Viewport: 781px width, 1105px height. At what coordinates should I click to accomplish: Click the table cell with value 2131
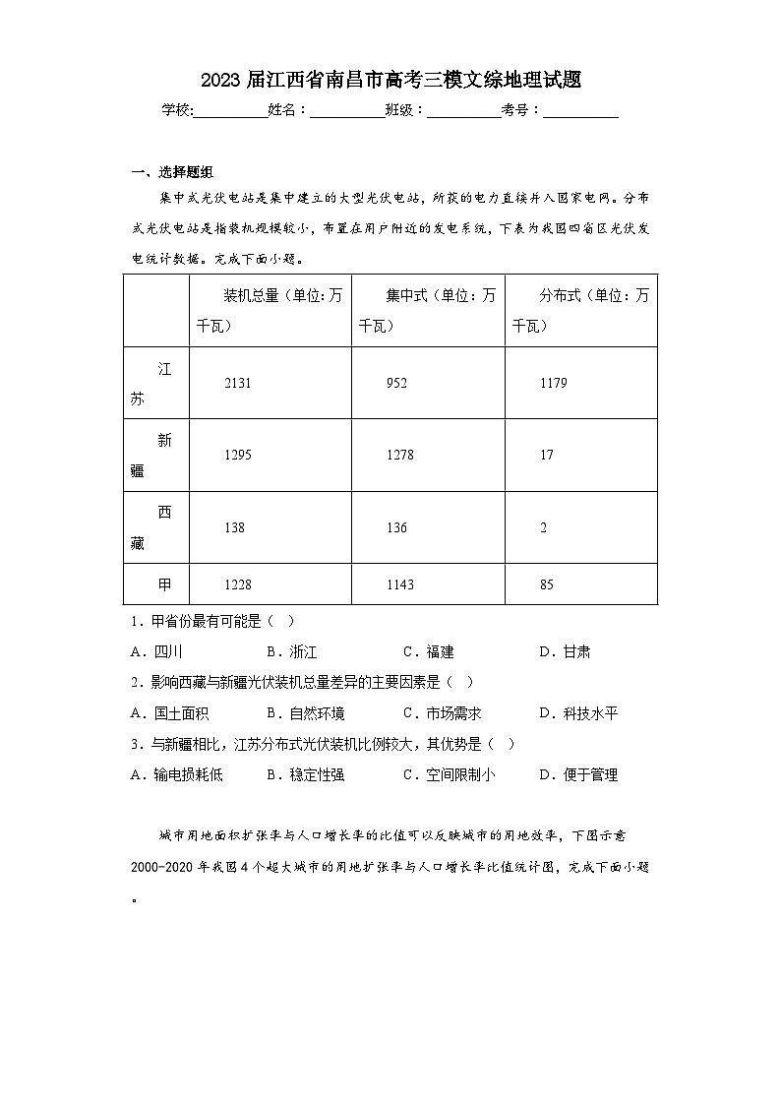tap(238, 383)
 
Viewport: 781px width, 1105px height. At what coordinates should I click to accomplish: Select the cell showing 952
tap(396, 383)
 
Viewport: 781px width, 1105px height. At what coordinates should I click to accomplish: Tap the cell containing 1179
tap(554, 383)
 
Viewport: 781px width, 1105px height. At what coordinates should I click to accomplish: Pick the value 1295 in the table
tap(238, 455)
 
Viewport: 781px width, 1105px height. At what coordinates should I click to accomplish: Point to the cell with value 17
tap(547, 455)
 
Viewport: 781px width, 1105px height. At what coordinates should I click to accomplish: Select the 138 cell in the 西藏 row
tap(234, 527)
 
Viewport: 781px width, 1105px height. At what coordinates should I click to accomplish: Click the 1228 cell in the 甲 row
tap(238, 584)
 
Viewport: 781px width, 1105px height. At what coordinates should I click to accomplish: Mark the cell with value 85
tap(547, 584)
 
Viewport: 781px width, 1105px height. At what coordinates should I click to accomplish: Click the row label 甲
tap(164, 584)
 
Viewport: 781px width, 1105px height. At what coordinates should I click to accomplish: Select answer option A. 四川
tap(156, 651)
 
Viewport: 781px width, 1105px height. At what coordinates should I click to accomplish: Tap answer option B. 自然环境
tap(305, 713)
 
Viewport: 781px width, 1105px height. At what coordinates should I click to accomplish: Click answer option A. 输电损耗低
tap(177, 774)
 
